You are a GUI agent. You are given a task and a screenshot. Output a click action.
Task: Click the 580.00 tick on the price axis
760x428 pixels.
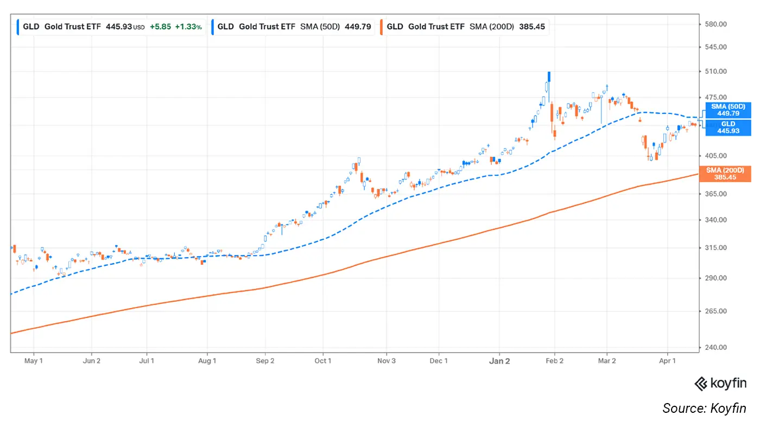point(715,24)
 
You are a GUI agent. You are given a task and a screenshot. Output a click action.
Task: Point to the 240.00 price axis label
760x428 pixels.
point(715,347)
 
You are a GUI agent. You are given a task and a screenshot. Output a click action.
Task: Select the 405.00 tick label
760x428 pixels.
point(715,156)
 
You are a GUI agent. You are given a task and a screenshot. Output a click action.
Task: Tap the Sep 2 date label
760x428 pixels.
point(265,361)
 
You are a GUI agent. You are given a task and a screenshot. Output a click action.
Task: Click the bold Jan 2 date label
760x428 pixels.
point(499,361)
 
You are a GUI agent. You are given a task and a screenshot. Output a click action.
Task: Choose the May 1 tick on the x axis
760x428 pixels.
point(34,361)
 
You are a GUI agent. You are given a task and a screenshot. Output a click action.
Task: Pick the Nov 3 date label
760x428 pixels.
point(386,361)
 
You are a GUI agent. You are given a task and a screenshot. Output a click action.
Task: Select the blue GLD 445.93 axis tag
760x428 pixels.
point(727,127)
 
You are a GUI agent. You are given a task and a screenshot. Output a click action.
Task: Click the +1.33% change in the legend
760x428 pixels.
point(188,26)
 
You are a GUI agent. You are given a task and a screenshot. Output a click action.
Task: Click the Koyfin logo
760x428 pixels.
point(720,384)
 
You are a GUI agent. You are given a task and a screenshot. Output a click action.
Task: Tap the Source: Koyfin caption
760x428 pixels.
point(704,408)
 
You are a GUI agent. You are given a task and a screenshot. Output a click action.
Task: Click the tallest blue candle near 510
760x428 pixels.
point(549,77)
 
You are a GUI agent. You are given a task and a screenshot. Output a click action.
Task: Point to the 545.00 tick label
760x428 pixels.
point(715,47)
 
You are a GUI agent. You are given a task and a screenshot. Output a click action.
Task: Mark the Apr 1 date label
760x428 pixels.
point(667,361)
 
